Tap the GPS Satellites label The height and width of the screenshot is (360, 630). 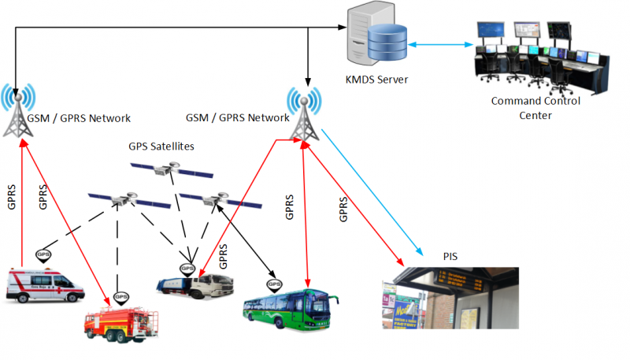(x=161, y=146)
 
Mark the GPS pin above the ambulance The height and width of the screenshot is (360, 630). (x=44, y=255)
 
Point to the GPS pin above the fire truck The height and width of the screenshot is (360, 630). (x=120, y=298)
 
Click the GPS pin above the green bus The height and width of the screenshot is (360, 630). (x=274, y=281)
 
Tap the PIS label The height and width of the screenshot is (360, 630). (x=449, y=256)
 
